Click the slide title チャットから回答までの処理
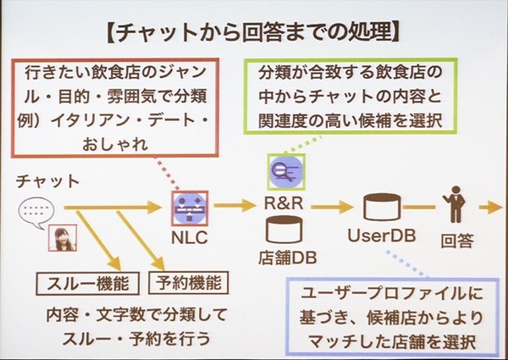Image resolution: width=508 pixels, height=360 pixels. [x=254, y=32]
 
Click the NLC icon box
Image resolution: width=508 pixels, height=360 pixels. [x=189, y=204]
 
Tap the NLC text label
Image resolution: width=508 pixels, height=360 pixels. [x=190, y=234]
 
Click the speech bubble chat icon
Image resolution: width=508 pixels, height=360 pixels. [x=35, y=208]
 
